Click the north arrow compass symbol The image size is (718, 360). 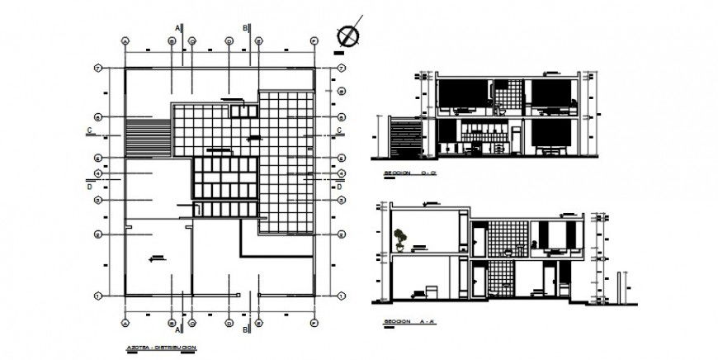click(x=350, y=36)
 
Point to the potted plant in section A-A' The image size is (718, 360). click(x=400, y=239)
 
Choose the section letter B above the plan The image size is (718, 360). click(x=244, y=28)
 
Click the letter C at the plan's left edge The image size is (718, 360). click(x=87, y=130)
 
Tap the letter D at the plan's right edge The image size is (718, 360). click(x=339, y=187)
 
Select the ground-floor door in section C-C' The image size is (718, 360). click(x=516, y=140)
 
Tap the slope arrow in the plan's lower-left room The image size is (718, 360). click(x=154, y=258)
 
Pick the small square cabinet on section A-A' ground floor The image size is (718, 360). click(x=429, y=291)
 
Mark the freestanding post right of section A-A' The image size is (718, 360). click(x=618, y=286)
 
